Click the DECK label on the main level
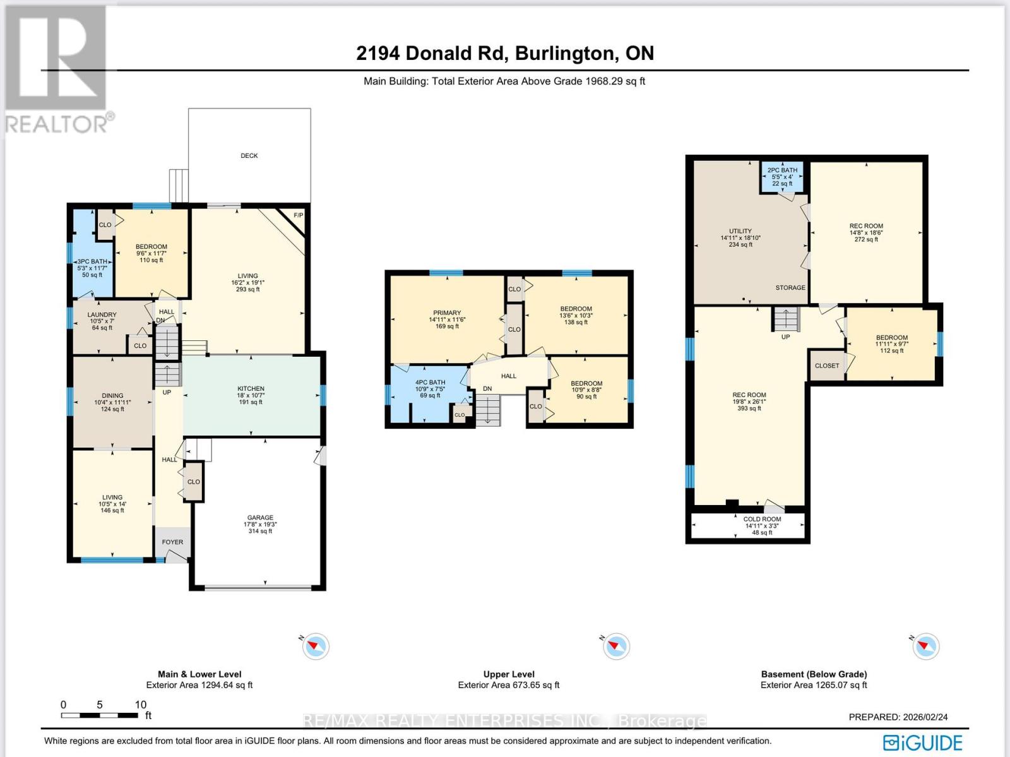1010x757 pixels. click(x=249, y=155)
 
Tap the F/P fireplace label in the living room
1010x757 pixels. click(x=298, y=215)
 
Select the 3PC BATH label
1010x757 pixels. click(x=93, y=261)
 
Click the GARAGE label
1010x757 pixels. click(x=260, y=517)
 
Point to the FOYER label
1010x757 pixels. click(x=172, y=542)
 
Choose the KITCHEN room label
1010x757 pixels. click(x=251, y=388)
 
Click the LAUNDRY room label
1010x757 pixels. click(x=102, y=315)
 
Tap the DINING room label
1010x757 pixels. click(x=112, y=395)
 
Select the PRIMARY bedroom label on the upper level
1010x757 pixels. click(x=447, y=313)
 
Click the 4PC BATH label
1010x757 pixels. click(x=431, y=383)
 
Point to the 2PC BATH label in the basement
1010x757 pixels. click(x=782, y=170)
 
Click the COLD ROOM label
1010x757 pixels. click(x=762, y=519)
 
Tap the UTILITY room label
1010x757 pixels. click(x=740, y=231)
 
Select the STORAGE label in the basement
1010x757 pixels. click(x=790, y=288)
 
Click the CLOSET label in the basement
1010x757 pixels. click(x=827, y=366)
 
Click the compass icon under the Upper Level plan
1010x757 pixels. click(x=616, y=646)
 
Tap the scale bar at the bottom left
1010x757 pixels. click(x=99, y=715)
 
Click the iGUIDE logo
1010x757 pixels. click(x=923, y=742)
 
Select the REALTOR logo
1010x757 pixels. click(x=59, y=69)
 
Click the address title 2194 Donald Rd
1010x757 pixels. click(x=432, y=54)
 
